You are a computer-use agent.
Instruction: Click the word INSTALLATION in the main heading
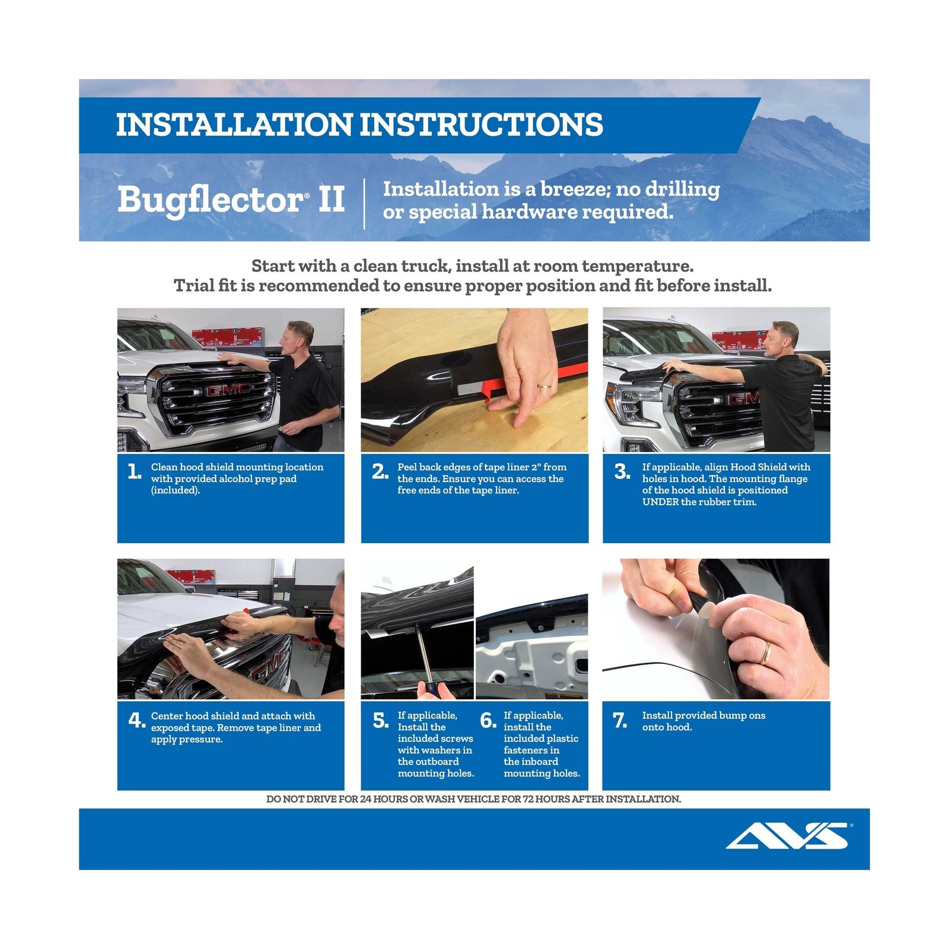click(x=234, y=125)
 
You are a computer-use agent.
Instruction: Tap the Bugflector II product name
click(x=231, y=199)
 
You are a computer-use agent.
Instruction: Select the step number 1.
click(x=135, y=472)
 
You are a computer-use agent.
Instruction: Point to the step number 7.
click(x=620, y=721)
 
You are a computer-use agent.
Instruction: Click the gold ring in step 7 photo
click(x=767, y=652)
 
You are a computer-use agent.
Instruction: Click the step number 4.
click(x=136, y=721)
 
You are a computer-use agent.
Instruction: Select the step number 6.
click(x=488, y=721)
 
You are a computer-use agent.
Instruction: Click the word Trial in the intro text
click(x=190, y=286)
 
